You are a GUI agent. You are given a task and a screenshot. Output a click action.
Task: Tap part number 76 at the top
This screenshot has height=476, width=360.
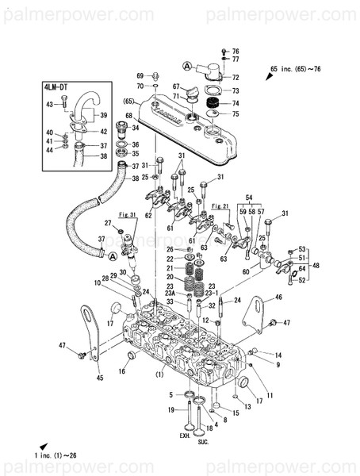[x=235, y=51]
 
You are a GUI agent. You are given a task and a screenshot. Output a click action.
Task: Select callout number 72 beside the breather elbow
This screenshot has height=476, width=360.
[x=235, y=78]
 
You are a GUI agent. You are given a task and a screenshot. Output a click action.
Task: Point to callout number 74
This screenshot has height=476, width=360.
[x=235, y=102]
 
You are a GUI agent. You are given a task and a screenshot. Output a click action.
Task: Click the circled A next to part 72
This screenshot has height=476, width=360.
[x=187, y=64]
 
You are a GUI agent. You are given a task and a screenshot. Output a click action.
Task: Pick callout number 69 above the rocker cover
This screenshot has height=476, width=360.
[x=140, y=75]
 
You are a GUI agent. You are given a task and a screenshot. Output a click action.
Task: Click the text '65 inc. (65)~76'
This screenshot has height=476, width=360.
[x=297, y=71]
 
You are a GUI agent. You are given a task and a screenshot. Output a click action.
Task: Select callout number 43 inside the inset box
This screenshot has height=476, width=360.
[x=49, y=105]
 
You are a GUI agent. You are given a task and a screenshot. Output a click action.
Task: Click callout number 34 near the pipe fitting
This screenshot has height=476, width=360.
[x=135, y=127]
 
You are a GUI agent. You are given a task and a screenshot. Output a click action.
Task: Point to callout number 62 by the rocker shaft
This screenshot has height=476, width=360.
[x=147, y=216]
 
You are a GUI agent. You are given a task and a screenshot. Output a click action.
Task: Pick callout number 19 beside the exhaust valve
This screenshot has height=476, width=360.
[x=171, y=410]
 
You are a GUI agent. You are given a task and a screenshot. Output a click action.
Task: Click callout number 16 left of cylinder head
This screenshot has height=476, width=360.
[x=122, y=371]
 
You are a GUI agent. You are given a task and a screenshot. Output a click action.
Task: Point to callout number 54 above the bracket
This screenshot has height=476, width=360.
[x=248, y=196]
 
